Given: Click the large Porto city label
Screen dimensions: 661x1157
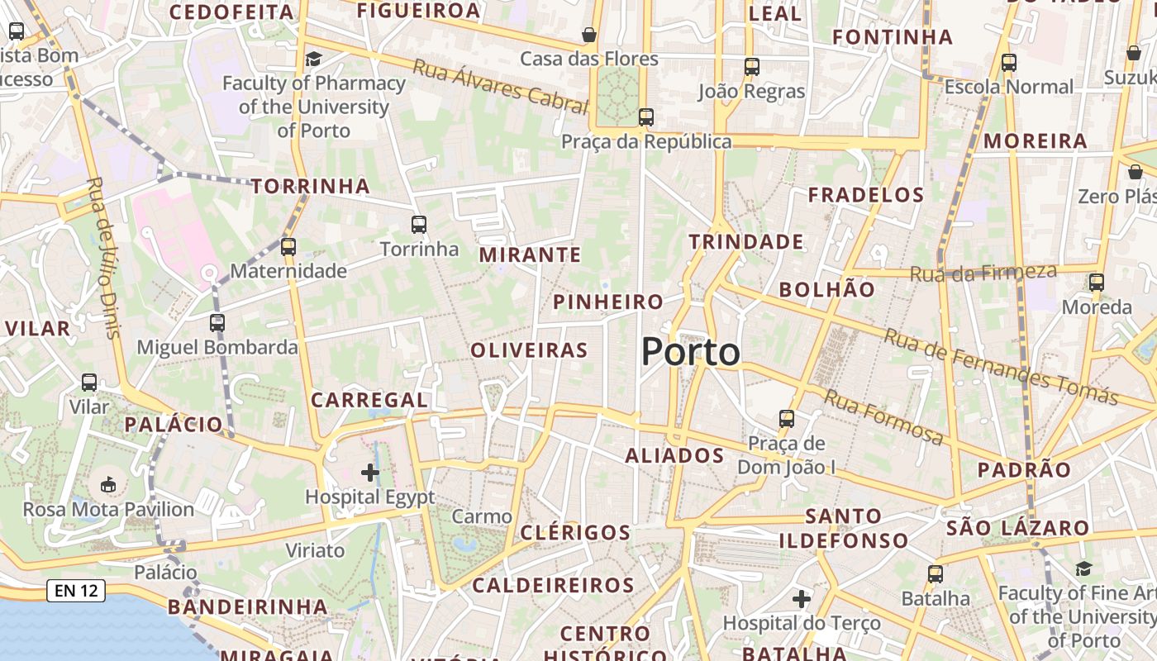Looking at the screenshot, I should point(691,353).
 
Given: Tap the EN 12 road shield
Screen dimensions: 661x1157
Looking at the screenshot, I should point(76,590).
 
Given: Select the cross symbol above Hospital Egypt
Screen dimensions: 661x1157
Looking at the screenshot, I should point(370,473).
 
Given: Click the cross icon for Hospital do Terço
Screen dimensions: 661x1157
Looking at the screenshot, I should point(801,598).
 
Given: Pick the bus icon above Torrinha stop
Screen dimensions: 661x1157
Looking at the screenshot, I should point(419,224).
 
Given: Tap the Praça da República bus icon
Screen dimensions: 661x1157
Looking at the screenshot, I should point(646,117).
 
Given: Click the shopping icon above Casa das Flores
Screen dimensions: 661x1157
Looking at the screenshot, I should point(589,35).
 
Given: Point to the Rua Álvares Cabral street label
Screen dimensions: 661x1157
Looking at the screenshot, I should point(501,86).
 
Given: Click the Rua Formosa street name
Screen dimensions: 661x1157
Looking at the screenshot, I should point(883,417).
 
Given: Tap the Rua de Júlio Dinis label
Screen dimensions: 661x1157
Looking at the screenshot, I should point(104,257).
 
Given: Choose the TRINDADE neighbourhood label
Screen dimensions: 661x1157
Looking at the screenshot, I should point(746,242).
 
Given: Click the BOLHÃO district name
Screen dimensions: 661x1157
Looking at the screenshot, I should point(826,289).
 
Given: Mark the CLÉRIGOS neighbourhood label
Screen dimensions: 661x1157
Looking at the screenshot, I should point(575,532).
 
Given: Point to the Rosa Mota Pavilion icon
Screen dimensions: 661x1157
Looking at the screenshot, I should point(108,484).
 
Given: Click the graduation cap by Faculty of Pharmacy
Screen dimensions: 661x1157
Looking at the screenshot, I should point(313,59).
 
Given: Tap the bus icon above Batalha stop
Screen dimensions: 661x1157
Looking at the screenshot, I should point(936,573).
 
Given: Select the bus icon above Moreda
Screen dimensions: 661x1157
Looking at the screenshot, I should point(1097,283).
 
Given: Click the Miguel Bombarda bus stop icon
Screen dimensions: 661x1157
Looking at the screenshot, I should point(217,323).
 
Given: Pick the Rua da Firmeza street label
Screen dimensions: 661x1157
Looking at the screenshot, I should point(983,273).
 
